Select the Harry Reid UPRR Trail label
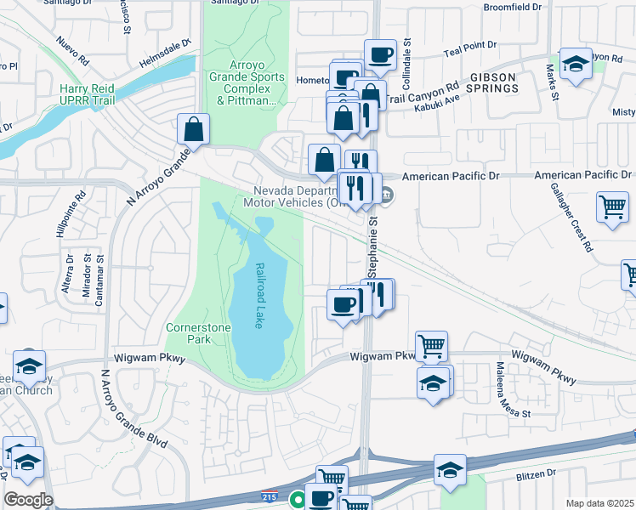(88, 93)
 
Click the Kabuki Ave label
(437, 99)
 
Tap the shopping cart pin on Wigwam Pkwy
(432, 346)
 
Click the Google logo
(28, 500)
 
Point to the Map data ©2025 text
(599, 503)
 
